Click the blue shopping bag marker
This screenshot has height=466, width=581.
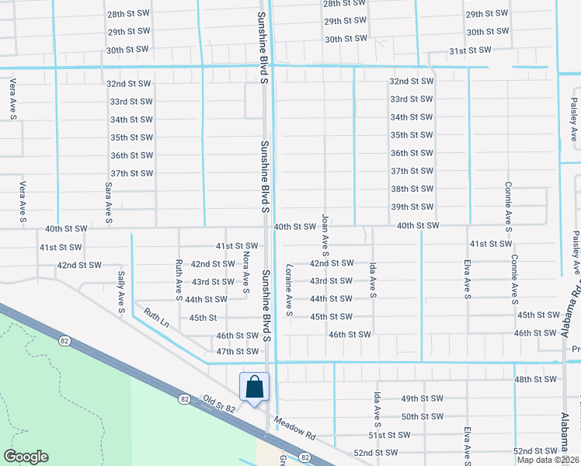[254, 386]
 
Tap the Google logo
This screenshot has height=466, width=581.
[26, 457]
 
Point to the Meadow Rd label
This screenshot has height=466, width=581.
[298, 432]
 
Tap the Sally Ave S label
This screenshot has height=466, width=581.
[122, 293]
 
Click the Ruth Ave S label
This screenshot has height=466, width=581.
[179, 280]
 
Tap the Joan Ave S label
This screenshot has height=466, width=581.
[325, 235]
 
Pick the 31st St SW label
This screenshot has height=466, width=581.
[471, 50]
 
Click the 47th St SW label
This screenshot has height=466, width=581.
[237, 352]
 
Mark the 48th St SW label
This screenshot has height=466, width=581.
[535, 379]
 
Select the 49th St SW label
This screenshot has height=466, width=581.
[422, 398]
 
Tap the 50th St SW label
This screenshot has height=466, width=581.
[422, 416]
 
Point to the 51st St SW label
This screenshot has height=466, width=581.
[388, 435]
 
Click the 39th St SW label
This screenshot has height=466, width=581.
[412, 207]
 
